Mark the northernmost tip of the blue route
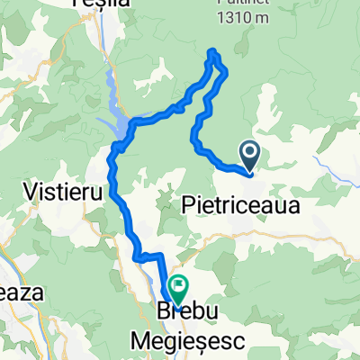coord(214,50)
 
